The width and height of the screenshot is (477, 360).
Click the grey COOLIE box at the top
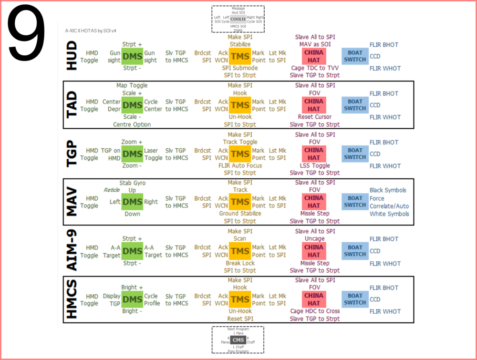pyautogui.click(x=238, y=19)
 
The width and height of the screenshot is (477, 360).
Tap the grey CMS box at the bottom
pyautogui.click(x=238, y=339)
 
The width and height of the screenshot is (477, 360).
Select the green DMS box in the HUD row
pyautogui.click(x=132, y=56)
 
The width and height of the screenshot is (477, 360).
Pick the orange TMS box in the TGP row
pyautogui.click(x=239, y=154)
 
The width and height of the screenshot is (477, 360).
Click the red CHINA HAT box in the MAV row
pyautogui.click(x=314, y=202)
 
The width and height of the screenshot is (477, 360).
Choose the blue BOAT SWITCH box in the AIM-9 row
pyautogui.click(x=355, y=251)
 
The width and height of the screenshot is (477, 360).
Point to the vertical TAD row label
pyautogui.click(x=72, y=105)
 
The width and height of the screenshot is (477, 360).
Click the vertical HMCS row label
pyautogui.click(x=72, y=299)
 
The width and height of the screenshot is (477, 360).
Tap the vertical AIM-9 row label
pyautogui.click(x=72, y=251)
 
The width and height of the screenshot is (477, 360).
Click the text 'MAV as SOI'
pyautogui.click(x=315, y=44)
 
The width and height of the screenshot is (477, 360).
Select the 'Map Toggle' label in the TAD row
pyautogui.click(x=132, y=85)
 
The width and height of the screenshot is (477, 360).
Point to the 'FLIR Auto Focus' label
pyautogui.click(x=239, y=166)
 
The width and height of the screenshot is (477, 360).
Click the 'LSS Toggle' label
pyautogui.click(x=315, y=165)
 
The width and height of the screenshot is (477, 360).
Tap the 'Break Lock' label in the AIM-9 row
pyautogui.click(x=240, y=263)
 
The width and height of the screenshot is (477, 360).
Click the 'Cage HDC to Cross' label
pyautogui.click(x=315, y=311)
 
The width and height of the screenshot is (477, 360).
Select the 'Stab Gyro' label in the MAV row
pyautogui.click(x=132, y=183)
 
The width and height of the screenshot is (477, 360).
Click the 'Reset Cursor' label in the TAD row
pyautogui.click(x=315, y=117)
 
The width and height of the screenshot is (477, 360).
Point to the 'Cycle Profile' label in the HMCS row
pyautogui.click(x=152, y=299)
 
